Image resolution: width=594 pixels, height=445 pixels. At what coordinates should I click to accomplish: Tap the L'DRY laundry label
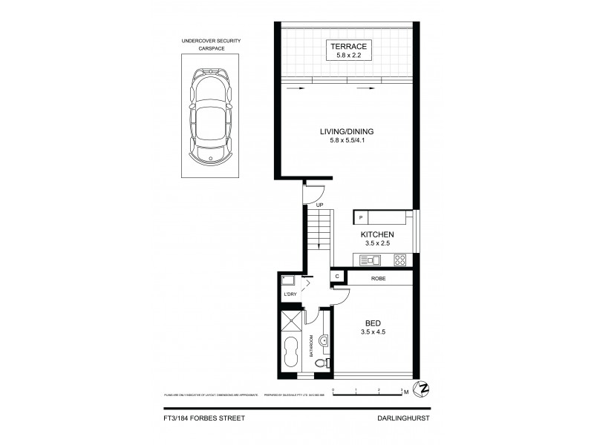pyautogui.click(x=290, y=294)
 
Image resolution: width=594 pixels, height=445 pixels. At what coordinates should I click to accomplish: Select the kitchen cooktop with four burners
pyautogui.click(x=399, y=260)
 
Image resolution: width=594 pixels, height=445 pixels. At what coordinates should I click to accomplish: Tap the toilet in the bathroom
pyautogui.click(x=321, y=364)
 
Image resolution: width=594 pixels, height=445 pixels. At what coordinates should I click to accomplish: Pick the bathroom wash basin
pyautogui.click(x=325, y=340)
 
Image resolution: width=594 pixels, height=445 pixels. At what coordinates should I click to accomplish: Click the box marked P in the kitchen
pyautogui.click(x=361, y=218)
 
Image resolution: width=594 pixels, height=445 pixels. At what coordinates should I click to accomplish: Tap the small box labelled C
pyautogui.click(x=337, y=277)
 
